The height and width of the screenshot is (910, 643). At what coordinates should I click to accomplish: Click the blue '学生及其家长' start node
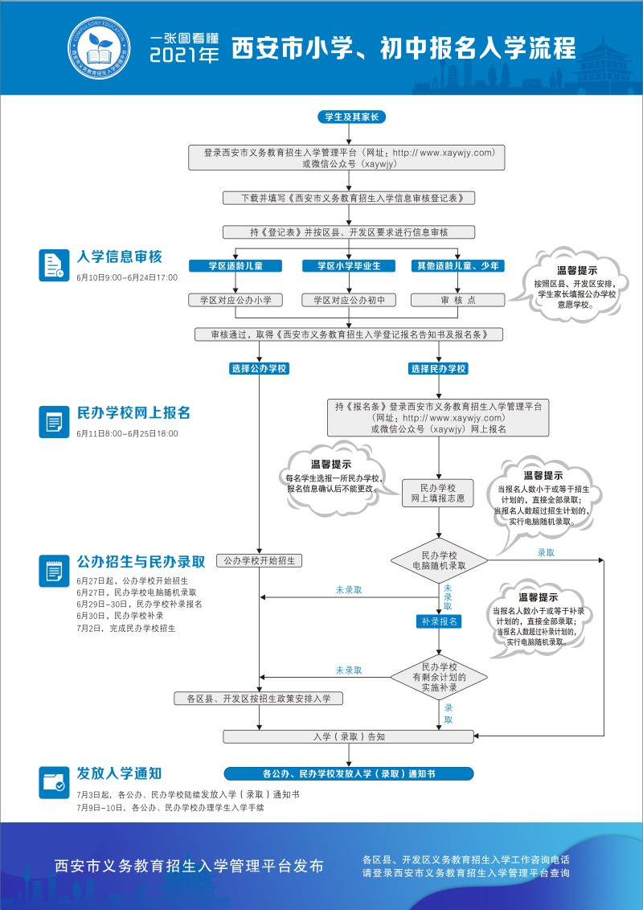(351, 117)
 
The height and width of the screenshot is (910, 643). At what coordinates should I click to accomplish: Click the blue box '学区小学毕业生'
(349, 265)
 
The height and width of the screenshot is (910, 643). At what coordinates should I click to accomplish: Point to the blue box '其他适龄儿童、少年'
(457, 265)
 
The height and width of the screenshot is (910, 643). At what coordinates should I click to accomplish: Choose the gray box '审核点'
(457, 300)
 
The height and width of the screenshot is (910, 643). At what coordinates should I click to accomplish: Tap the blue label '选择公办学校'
(259, 368)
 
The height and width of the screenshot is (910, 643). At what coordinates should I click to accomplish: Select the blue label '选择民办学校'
(439, 368)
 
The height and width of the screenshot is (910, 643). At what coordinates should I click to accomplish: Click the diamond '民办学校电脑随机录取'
(439, 560)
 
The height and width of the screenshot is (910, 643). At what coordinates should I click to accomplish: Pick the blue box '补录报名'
(439, 621)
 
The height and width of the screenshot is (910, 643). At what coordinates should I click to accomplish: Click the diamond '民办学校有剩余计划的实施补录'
(439, 678)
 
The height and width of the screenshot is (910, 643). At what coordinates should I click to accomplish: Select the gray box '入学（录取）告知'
(349, 736)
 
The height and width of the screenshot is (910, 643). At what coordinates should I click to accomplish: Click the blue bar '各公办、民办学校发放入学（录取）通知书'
(349, 774)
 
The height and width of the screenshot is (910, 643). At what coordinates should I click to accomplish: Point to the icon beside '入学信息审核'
(54, 264)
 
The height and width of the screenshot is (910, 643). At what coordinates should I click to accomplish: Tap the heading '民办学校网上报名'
(133, 413)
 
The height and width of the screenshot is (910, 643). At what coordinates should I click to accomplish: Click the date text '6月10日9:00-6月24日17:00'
(127, 277)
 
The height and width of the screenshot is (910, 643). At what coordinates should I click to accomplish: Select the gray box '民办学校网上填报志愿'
(439, 494)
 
